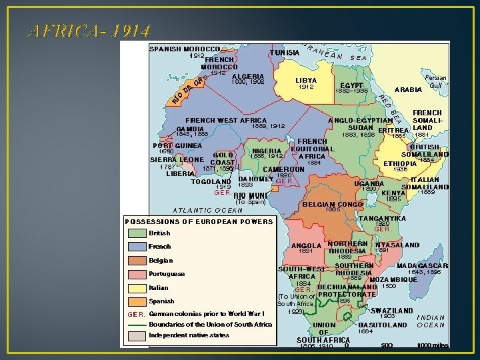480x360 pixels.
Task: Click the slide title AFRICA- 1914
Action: pos(87,31)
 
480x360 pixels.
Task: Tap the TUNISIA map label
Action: pos(284,53)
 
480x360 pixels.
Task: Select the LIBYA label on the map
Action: pos(306,80)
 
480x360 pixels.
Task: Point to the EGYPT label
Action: pos(351,85)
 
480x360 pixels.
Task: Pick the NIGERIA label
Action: pos(266,151)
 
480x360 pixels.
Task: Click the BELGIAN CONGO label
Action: pos(331,204)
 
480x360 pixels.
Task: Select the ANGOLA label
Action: pos(307,245)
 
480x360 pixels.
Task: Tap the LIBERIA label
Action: pos(180,173)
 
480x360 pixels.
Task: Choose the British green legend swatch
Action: pos(137,233)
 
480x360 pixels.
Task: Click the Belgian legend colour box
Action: pos(137,261)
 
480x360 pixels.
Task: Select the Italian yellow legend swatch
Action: pos(137,288)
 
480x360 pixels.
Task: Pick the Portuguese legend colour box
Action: pos(137,274)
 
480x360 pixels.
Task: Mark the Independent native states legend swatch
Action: pos(137,335)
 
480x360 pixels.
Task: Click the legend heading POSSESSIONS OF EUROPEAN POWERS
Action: pos(199,221)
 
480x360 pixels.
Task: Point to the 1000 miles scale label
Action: pos(433,345)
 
